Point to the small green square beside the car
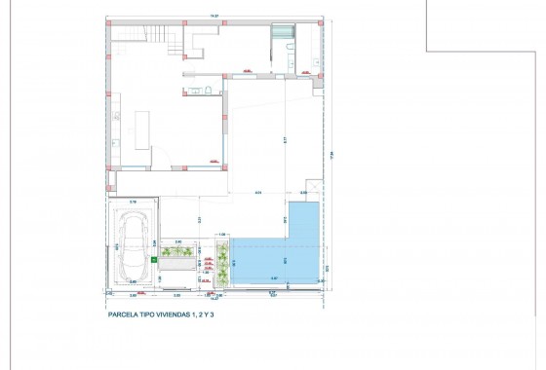pyautogui.click(x=155, y=260)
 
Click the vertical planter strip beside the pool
pyautogui.click(x=222, y=265)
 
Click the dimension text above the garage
pyautogui.click(x=134, y=202)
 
